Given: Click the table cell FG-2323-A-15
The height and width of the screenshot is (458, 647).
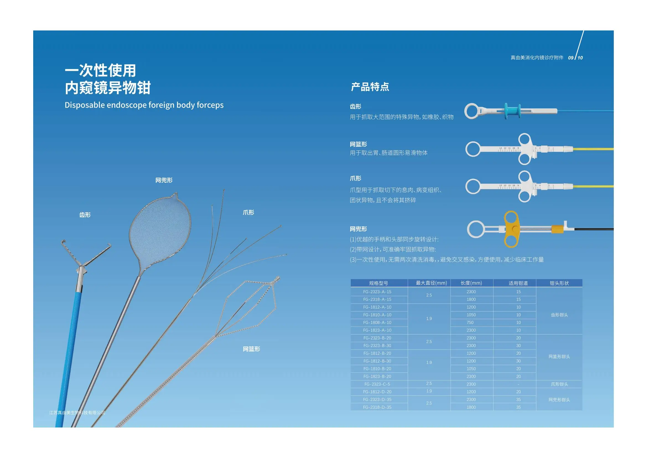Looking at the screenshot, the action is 377,292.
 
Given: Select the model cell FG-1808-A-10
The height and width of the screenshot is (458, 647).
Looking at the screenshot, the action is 377,323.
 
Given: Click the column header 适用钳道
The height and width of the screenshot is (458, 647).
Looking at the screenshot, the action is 518,283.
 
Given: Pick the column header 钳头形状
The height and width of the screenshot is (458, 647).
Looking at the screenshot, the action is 559,283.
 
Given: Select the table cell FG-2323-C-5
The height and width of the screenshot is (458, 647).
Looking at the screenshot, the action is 377,384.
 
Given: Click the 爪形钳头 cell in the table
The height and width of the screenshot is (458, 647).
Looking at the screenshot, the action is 559,384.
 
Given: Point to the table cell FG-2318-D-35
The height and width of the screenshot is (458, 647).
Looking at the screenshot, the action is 377,407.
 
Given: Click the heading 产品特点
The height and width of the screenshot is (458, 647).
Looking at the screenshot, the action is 370,87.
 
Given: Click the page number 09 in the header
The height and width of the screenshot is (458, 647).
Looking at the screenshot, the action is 571,58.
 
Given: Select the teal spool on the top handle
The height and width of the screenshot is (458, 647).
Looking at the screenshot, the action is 512,111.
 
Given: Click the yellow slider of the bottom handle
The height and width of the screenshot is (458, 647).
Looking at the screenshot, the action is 511,229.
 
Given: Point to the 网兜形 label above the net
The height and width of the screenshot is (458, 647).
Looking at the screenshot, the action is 164,180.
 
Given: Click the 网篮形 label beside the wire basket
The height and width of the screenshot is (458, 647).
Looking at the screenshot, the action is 251,349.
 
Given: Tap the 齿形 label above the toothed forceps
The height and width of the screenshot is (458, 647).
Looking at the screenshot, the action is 85,215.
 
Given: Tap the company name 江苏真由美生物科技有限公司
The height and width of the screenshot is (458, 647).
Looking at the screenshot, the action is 77,413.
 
